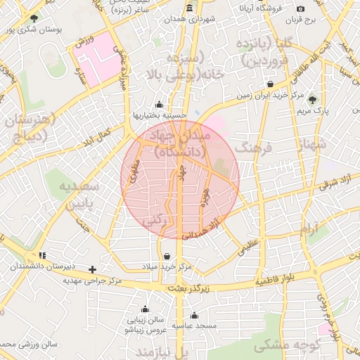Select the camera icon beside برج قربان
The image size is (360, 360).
click(301, 8)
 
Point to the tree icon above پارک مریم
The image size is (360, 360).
click(312, 99)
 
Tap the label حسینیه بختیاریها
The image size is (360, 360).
click(160, 115)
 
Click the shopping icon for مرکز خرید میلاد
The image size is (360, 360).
click(166, 256)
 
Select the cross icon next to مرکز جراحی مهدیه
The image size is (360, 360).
click(92, 269)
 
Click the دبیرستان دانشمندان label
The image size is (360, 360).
click(40, 267)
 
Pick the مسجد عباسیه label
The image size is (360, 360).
click(195, 326)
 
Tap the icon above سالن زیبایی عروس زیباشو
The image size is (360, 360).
click(145, 309)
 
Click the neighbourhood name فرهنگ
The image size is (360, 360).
click(252, 148)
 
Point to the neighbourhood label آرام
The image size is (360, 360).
click(308, 229)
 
